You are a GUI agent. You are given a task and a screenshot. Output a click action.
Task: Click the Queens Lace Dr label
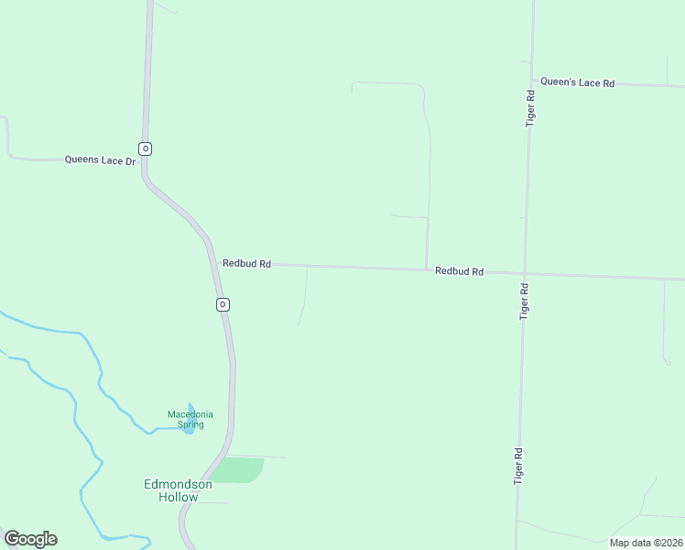click(100, 159)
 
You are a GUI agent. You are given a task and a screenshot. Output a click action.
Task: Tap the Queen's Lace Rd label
click(577, 82)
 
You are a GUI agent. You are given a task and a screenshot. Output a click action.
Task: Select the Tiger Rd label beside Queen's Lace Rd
click(530, 107)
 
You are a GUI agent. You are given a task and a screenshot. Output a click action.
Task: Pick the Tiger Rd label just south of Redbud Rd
click(525, 301)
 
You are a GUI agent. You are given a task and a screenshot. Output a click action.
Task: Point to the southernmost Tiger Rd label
click(518, 466)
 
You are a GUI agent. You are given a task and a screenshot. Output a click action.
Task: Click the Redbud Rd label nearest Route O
click(246, 263)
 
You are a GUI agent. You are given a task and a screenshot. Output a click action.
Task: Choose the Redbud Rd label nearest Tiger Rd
click(459, 271)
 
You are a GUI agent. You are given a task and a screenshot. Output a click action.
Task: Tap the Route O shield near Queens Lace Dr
click(145, 148)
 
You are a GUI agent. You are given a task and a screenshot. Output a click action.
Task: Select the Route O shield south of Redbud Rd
click(222, 304)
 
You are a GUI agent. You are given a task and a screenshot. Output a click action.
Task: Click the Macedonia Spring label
click(190, 419)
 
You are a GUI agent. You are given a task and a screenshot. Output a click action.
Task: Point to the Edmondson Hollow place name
click(178, 490)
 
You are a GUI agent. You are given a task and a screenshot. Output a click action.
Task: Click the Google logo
click(30, 539)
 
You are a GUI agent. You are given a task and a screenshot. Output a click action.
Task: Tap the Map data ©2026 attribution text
click(646, 543)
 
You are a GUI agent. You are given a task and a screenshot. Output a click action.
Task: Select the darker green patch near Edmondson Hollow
click(242, 470)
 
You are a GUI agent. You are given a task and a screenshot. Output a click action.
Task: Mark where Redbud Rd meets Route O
click(212, 262)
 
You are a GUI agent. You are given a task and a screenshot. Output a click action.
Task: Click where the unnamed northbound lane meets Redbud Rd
click(427, 269)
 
